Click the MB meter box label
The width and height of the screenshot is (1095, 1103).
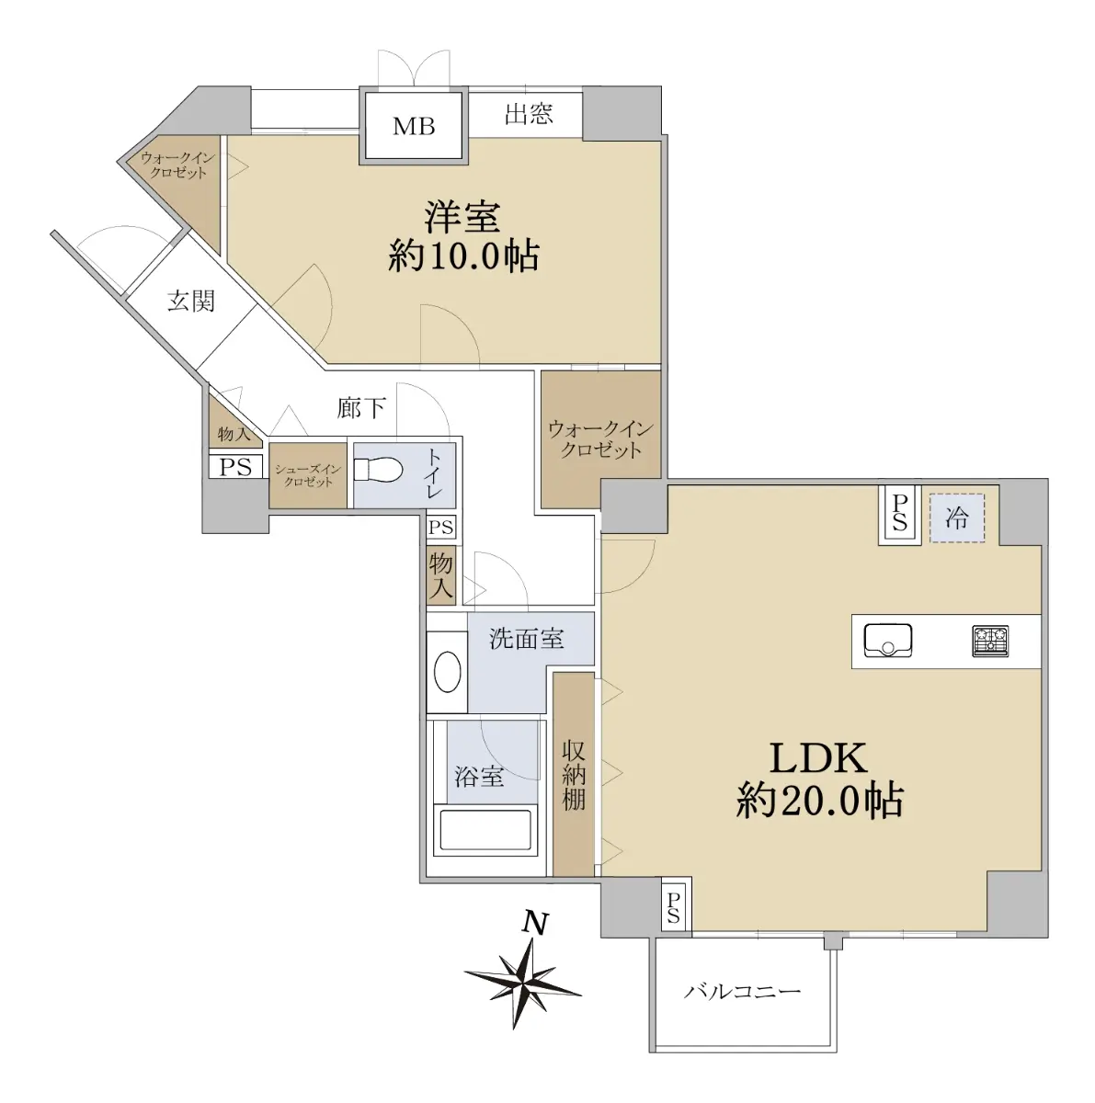[x=414, y=126]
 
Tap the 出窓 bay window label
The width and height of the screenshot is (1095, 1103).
[x=529, y=113]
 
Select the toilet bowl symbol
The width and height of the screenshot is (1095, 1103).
[x=378, y=471]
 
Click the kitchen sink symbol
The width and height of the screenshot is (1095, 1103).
[x=887, y=641]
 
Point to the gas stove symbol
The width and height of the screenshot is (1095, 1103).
[x=990, y=641]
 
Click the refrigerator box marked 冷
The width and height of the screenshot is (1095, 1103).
[x=956, y=518]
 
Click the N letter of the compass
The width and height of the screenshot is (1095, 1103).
[x=535, y=922]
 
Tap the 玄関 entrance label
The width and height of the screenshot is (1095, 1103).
[x=191, y=301]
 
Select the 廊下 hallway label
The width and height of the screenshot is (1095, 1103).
[x=360, y=407]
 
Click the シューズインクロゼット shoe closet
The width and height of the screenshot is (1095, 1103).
[x=308, y=475]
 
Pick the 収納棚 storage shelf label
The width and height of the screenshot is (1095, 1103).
[x=574, y=776]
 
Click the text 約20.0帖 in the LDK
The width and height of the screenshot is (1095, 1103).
[x=819, y=801]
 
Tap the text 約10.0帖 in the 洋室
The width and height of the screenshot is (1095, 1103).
[x=463, y=256]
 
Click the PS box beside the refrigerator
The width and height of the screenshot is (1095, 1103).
[x=900, y=514]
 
